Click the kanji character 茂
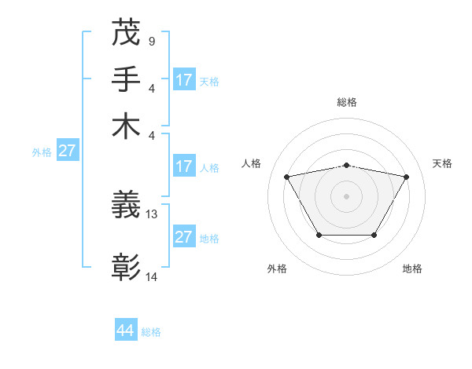(126, 34)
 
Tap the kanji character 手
(126, 80)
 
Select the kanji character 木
(126, 126)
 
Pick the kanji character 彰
(126, 268)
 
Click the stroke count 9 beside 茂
(151, 40)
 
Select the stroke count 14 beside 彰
(152, 276)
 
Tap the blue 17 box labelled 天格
(183, 80)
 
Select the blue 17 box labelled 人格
(183, 166)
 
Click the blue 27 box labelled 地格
(183, 237)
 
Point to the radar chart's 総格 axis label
(346, 102)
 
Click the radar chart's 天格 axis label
(442, 163)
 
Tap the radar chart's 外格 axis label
(277, 269)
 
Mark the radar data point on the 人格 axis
(286, 177)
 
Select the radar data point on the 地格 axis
(374, 235)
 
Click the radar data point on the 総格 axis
(346, 165)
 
